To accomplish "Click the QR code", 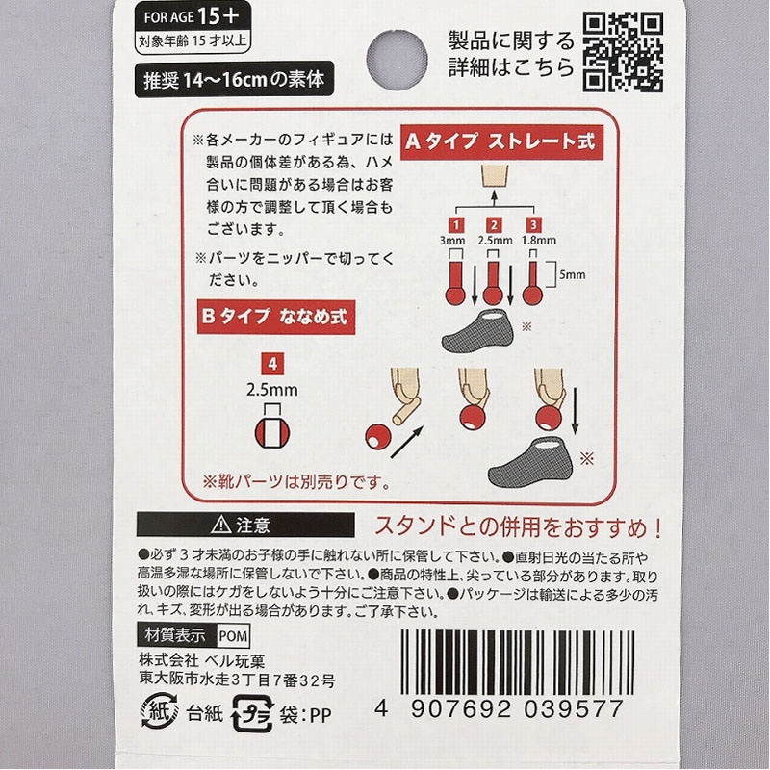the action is point(623,52).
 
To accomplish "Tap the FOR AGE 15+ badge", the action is point(192,27).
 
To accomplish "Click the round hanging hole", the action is point(397,60).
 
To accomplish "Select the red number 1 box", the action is point(456,225).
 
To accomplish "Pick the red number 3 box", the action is point(533,225).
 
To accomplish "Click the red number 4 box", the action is point(272,364).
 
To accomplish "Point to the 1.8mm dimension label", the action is point(539,240).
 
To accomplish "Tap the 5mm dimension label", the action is point(573,274).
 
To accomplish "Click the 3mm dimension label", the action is point(452,240).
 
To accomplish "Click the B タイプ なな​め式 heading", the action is point(275,317).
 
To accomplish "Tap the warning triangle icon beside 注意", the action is point(221,525).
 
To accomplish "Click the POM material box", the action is point(233,636).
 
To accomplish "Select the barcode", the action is point(517,663).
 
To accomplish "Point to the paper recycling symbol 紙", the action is point(159,710).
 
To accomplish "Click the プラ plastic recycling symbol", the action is point(252,713).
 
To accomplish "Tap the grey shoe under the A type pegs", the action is point(477,330).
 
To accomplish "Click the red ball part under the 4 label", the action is point(272,432).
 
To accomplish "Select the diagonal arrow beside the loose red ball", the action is point(406,442).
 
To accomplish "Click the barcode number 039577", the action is point(574,709).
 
